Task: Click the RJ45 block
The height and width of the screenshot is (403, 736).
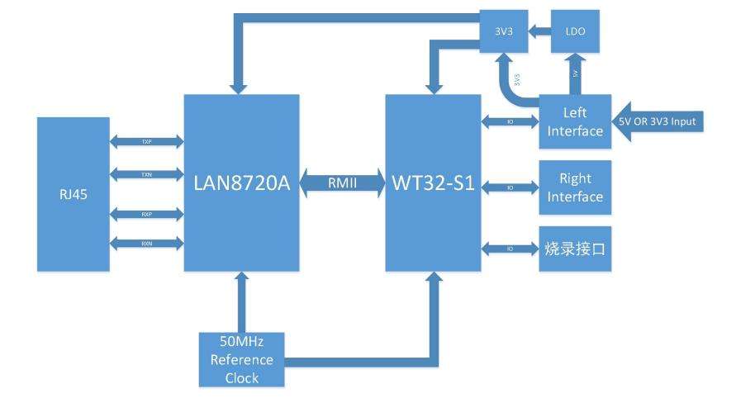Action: pyautogui.click(x=73, y=193)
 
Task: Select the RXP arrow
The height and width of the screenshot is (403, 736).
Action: pyautogui.click(x=146, y=213)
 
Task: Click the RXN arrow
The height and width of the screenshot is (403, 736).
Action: pyautogui.click(x=146, y=243)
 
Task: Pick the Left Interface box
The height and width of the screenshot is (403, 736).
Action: pyautogui.click(x=575, y=121)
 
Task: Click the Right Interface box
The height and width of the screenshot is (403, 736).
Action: pyautogui.click(x=575, y=188)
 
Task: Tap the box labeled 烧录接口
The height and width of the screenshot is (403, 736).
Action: pyautogui.click(x=575, y=248)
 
